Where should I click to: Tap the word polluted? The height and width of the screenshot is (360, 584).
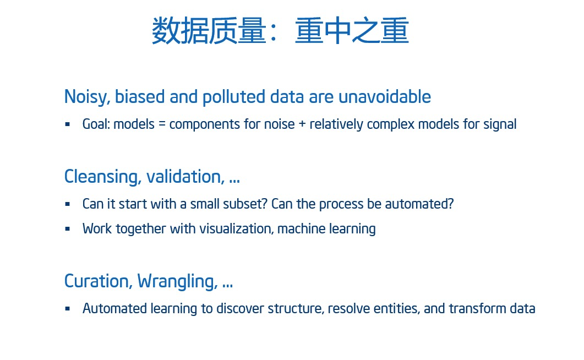[234, 97]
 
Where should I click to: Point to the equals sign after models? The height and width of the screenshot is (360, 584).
[162, 124]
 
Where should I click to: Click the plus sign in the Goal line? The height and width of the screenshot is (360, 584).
[302, 124]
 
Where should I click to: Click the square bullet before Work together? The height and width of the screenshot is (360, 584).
[67, 228]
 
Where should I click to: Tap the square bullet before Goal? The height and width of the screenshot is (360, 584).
[67, 124]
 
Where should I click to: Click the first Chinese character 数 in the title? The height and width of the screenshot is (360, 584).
[166, 30]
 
